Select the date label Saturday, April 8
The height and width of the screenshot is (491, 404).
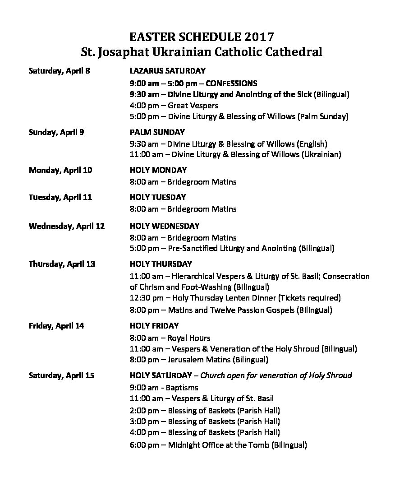coord(59,71)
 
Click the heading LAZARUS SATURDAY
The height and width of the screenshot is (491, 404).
coord(167,71)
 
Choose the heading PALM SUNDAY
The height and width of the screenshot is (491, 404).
coord(157,132)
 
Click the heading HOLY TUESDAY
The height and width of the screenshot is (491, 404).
coord(158,197)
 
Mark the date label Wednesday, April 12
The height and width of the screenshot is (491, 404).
coord(67,226)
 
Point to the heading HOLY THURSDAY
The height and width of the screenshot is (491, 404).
coord(161,264)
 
